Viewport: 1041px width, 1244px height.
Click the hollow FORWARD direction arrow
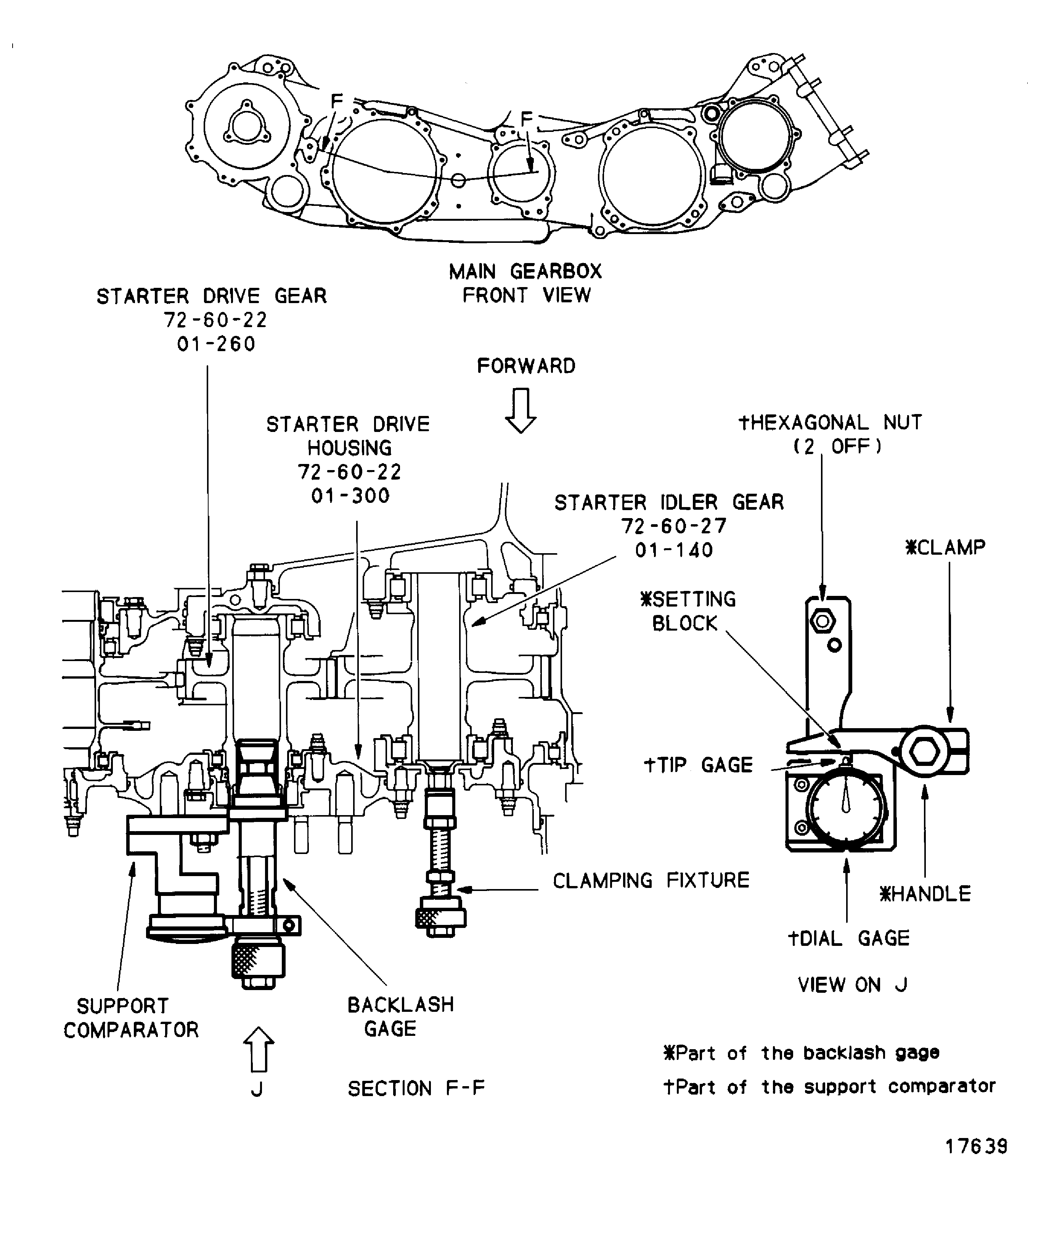pyautogui.click(x=520, y=410)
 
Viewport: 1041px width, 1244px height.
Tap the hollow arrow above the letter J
pyautogui.click(x=258, y=1049)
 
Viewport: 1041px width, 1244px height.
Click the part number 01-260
pyautogui.click(x=216, y=344)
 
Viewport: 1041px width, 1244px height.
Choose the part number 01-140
pyautogui.click(x=674, y=550)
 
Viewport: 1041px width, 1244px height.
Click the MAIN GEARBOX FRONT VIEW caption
pyautogui.click(x=525, y=283)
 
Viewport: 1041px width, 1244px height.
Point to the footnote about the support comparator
pyautogui.click(x=829, y=1087)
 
